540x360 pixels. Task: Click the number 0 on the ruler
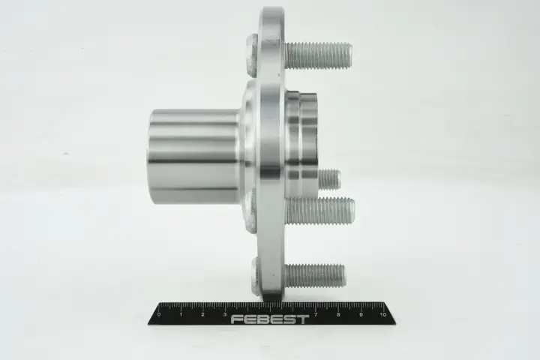pyautogui.click(x=158, y=314)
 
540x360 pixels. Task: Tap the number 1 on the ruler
pyautogui.click(x=181, y=314)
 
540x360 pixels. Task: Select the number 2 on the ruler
pyautogui.click(x=202, y=314)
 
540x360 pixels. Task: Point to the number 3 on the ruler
pyautogui.click(x=225, y=314)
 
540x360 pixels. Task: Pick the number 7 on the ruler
pyautogui.click(x=316, y=314)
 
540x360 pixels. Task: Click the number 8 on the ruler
pyautogui.click(x=338, y=314)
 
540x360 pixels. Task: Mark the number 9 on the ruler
pyautogui.click(x=361, y=314)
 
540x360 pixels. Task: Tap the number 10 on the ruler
pyautogui.click(x=382, y=314)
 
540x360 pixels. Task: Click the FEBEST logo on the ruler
pyautogui.click(x=270, y=319)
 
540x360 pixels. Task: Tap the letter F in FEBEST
pyautogui.click(x=237, y=319)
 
